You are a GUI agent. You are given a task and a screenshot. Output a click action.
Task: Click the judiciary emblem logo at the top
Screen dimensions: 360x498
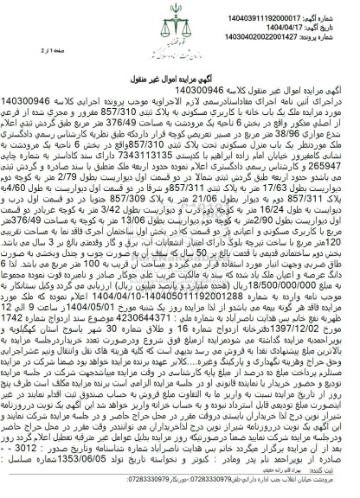179,27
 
